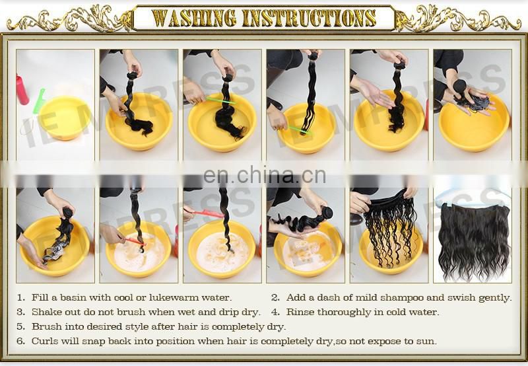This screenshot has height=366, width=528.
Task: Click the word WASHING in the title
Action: coord(195,18)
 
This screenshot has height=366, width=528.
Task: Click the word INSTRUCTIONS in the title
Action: coord(310,18)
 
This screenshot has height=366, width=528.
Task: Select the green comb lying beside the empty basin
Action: coord(38,101)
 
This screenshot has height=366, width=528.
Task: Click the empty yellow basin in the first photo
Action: coord(64,118)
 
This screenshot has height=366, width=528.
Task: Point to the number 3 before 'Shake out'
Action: coord(20,312)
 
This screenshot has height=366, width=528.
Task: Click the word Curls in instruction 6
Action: coord(45,341)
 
